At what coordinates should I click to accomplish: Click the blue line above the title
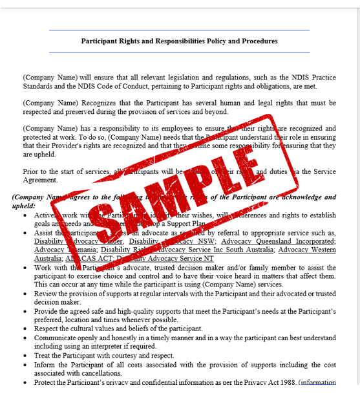click(179, 30)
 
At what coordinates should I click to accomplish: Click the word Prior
click(30, 172)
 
